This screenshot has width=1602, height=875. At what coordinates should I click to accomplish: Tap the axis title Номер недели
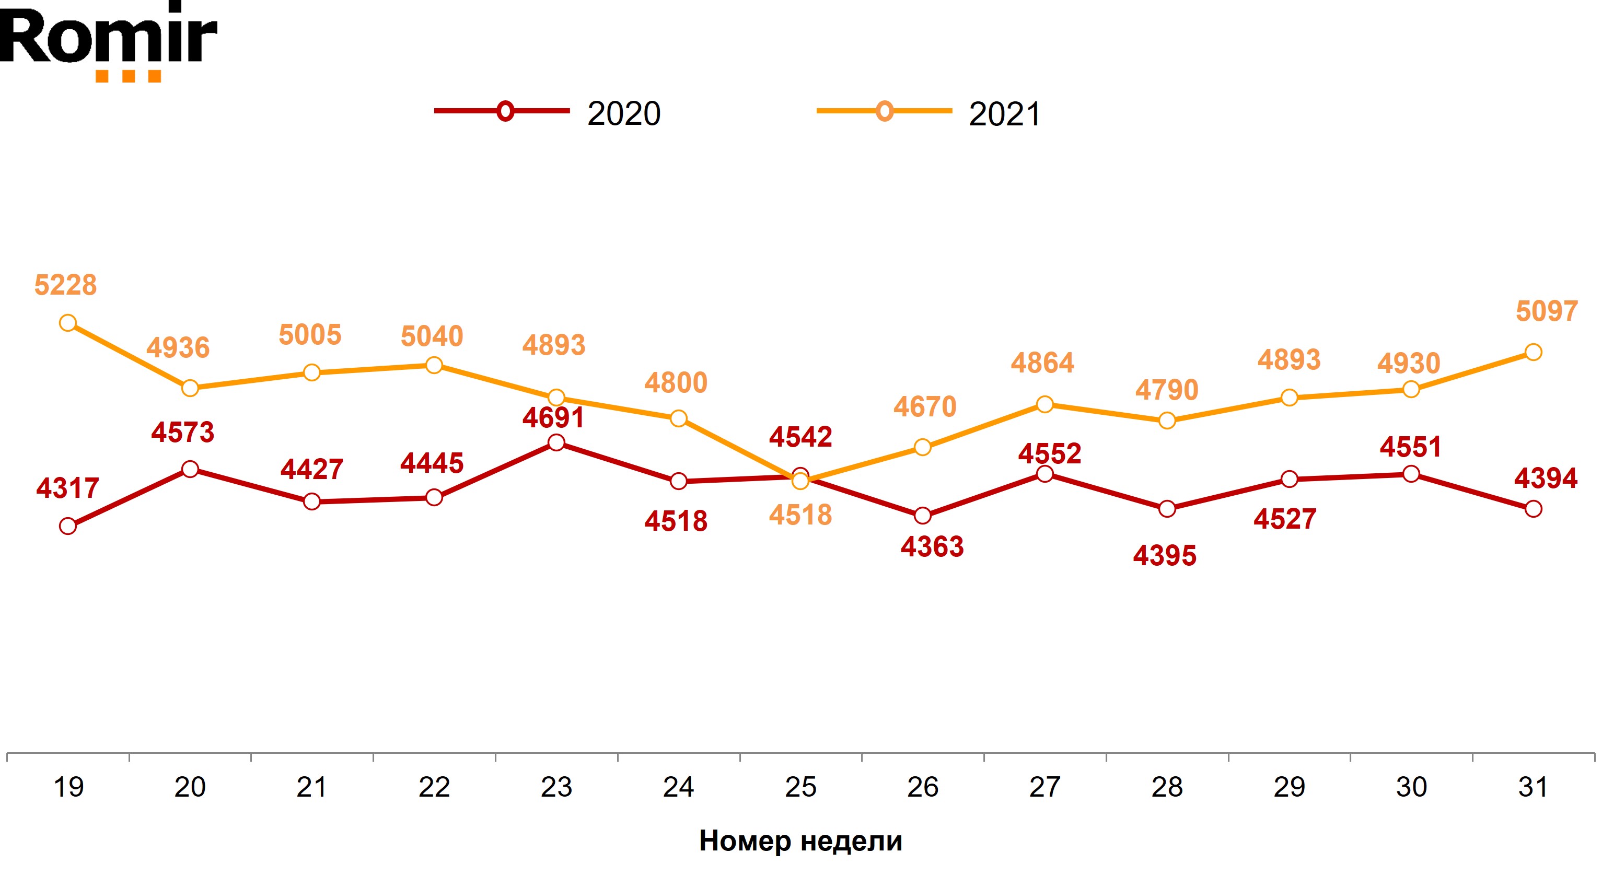pyautogui.click(x=800, y=841)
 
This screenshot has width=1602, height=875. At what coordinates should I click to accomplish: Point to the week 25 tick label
pyautogui.click(x=800, y=787)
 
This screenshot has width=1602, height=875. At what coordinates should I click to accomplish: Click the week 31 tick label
pyautogui.click(x=1533, y=787)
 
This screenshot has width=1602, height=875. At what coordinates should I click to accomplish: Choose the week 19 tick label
pyautogui.click(x=68, y=787)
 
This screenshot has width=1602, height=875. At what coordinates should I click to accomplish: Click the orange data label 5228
pyautogui.click(x=65, y=285)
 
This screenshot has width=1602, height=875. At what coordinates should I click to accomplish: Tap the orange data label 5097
pyautogui.click(x=1547, y=311)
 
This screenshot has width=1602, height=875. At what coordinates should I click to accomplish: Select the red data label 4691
pyautogui.click(x=553, y=418)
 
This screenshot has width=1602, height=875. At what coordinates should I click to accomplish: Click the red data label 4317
pyautogui.click(x=67, y=488)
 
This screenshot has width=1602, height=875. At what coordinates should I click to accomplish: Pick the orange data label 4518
pyautogui.click(x=800, y=515)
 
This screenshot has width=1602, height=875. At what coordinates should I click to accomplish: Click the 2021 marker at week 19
pyautogui.click(x=68, y=323)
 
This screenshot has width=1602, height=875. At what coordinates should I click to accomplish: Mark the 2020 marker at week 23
pyautogui.click(x=556, y=443)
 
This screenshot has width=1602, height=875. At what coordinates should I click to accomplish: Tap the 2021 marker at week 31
pyautogui.click(x=1534, y=353)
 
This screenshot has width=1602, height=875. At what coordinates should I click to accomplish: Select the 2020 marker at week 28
pyautogui.click(x=1167, y=509)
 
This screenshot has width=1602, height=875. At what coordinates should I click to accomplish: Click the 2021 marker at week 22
pyautogui.click(x=434, y=365)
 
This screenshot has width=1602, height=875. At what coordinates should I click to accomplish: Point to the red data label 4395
pyautogui.click(x=1164, y=556)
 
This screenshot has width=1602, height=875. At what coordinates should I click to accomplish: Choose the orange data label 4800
pyautogui.click(x=676, y=383)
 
